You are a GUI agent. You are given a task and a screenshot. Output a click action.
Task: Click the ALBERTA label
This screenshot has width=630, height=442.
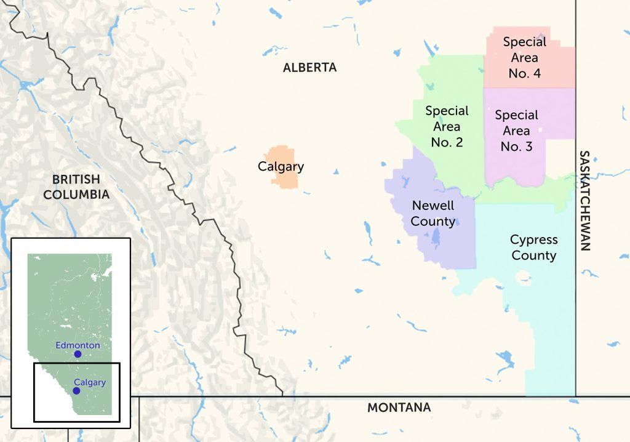point(309,68)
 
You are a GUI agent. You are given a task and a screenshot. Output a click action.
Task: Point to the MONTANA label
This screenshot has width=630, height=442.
point(399,408)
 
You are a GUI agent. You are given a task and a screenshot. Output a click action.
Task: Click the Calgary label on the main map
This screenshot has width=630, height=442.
point(281,167)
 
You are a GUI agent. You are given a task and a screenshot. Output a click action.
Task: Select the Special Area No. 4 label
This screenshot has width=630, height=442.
point(524,58)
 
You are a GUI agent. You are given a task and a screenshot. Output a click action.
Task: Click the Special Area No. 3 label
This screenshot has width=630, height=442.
point(516,131)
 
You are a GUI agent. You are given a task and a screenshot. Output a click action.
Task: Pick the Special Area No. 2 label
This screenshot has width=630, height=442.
point(447,127)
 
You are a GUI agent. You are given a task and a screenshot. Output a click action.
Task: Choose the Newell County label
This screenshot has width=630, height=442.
point(433,214)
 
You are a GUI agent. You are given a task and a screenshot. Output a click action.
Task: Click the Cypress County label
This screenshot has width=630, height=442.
point(533,247)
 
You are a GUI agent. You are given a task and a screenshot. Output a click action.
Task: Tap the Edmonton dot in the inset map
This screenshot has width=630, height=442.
point(78,354)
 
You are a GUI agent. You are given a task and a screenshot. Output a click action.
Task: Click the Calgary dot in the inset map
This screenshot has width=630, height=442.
point(76,391)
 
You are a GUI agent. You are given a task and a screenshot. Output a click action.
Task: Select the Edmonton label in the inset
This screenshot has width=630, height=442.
point(78,345)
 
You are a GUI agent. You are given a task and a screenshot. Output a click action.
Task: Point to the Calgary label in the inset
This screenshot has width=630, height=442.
point(89,382)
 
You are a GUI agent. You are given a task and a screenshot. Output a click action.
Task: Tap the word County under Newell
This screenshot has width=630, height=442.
point(433,222)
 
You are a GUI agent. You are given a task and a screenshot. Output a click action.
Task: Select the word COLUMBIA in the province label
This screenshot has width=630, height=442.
point(81,195)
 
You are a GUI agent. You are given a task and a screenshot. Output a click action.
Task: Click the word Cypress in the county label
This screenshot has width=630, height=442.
point(533,239)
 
